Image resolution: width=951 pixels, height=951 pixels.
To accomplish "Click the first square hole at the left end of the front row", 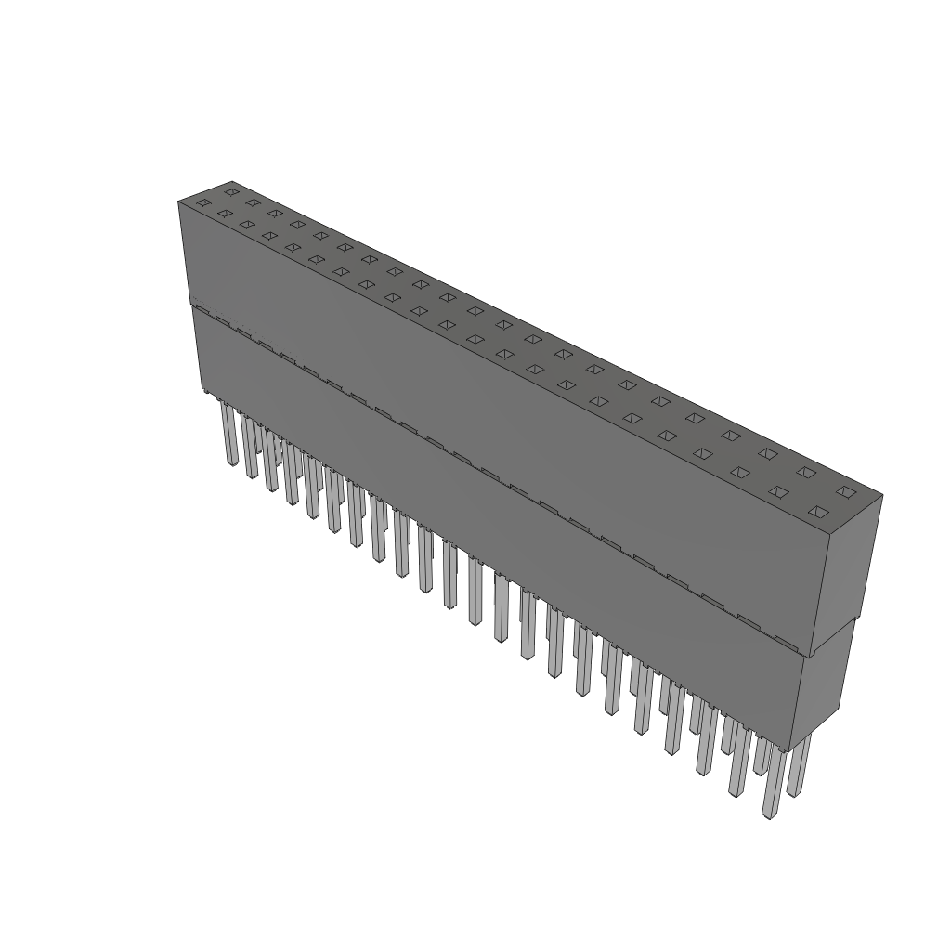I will coord(203,202).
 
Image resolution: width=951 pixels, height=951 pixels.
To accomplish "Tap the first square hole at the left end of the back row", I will coord(231,191).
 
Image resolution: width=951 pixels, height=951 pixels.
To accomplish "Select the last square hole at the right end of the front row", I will coord(818,512).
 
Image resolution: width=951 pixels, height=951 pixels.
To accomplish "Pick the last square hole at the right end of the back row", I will coord(844,491).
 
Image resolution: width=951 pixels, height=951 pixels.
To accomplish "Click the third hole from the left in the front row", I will coord(246,224).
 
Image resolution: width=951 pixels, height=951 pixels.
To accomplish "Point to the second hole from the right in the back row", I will coord(806,473).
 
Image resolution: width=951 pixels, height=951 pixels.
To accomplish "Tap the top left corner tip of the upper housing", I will coord(178,202).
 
